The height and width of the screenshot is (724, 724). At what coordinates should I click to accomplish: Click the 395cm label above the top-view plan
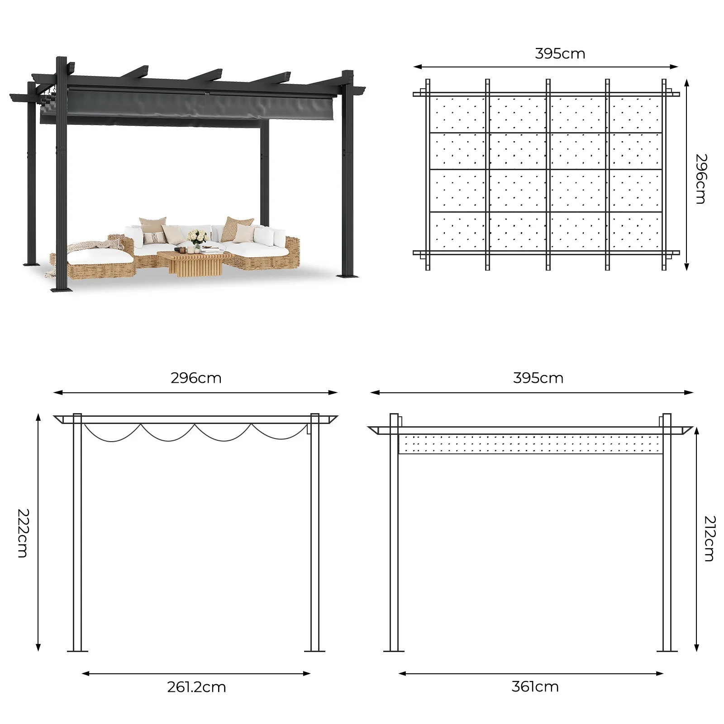560,54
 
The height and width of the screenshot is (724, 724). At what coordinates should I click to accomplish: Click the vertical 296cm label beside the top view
701,179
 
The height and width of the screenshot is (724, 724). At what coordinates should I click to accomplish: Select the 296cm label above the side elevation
196,378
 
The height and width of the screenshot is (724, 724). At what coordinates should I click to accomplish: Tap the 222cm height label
23,533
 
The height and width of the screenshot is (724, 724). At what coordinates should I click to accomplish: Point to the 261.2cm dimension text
196,687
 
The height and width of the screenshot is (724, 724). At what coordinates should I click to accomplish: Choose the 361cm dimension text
535,686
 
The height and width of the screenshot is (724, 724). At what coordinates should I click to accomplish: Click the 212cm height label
710,538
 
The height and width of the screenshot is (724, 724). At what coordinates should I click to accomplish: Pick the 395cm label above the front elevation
538,378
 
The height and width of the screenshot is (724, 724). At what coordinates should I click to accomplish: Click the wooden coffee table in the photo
195,263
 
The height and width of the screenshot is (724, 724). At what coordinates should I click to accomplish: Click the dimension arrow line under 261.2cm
196,673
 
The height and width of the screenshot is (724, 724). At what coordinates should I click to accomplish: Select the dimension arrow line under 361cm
531,673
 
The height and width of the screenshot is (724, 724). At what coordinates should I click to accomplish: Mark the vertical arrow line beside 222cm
38,532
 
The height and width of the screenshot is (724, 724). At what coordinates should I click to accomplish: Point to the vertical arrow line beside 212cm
697,539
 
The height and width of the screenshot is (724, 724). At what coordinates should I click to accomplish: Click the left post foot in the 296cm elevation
77,650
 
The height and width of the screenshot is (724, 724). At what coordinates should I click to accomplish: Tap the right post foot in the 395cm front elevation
667,650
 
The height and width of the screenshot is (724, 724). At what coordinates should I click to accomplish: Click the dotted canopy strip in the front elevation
530,444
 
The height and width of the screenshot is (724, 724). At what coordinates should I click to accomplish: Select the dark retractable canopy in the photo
188,108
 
